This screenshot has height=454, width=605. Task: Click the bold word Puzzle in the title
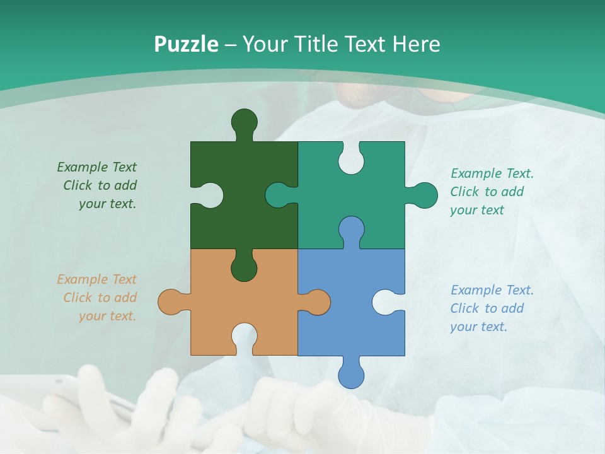[x=187, y=44]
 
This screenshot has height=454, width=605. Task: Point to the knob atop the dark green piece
[x=245, y=122]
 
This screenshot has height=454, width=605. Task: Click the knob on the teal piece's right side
[x=424, y=195]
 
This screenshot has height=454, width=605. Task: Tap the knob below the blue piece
[x=351, y=375]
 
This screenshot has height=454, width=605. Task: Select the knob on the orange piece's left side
[x=171, y=302]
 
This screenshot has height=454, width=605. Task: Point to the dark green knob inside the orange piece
[x=244, y=267]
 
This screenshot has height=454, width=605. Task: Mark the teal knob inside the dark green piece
[x=279, y=195]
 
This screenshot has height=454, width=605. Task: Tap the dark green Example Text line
[x=96, y=167]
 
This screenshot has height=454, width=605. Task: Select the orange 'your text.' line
[x=107, y=316]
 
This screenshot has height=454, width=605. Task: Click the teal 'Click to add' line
[x=487, y=192]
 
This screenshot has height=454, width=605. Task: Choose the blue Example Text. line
[x=492, y=290]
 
